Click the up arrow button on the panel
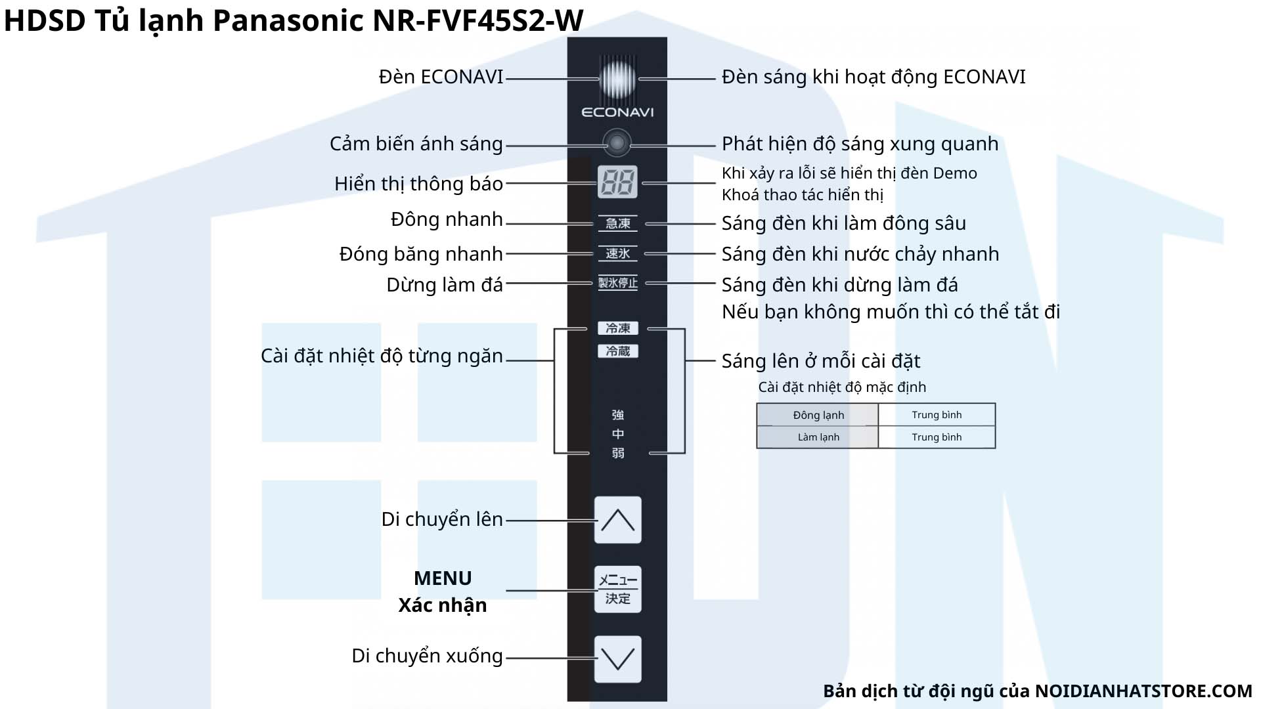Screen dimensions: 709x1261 click(x=617, y=520)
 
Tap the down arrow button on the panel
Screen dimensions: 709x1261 click(x=617, y=658)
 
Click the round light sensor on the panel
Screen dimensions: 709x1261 click(x=617, y=142)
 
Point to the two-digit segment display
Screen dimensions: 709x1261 click(x=617, y=182)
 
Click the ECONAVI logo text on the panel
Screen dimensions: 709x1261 click(x=617, y=112)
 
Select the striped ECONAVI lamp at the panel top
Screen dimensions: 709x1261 click(x=617, y=78)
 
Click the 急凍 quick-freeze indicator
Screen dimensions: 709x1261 click(x=617, y=223)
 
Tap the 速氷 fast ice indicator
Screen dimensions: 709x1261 click(x=617, y=253)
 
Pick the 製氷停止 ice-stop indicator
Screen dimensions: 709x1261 click(x=617, y=283)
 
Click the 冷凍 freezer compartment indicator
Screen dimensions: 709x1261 click(x=617, y=328)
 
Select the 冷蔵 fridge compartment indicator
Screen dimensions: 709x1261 click(x=617, y=351)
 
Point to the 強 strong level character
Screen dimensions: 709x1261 click(x=617, y=415)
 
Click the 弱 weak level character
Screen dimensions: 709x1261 click(x=617, y=453)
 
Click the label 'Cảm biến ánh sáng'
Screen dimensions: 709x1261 click(x=416, y=144)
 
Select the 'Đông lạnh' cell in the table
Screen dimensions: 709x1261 click(x=818, y=415)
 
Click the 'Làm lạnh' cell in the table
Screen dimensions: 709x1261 click(x=818, y=437)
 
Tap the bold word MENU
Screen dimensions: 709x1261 click(x=443, y=578)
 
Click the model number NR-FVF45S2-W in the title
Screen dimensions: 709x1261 click(x=478, y=20)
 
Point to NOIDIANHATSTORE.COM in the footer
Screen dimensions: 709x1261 click(x=1143, y=691)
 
